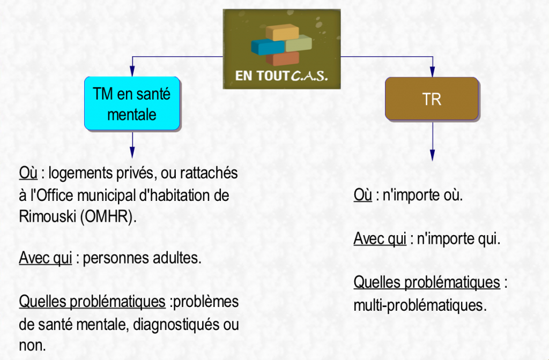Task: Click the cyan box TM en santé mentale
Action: [x=132, y=103]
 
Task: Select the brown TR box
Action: [x=432, y=99]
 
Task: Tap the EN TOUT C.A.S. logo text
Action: [x=281, y=76]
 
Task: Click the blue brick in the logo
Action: [x=268, y=47]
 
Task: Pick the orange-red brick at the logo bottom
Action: [x=283, y=58]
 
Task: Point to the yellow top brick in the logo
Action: [x=282, y=32]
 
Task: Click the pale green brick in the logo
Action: [x=299, y=44]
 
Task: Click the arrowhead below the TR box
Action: [x=433, y=155]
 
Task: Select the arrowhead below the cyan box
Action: [x=132, y=152]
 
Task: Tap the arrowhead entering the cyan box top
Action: [x=132, y=71]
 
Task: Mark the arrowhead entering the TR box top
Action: [x=433, y=72]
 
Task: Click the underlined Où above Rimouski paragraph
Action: [x=28, y=173]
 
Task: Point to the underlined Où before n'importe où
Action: [x=363, y=195]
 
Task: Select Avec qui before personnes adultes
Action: [x=46, y=258]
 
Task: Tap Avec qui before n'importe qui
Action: [x=380, y=239]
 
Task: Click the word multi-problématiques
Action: [x=420, y=305]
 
